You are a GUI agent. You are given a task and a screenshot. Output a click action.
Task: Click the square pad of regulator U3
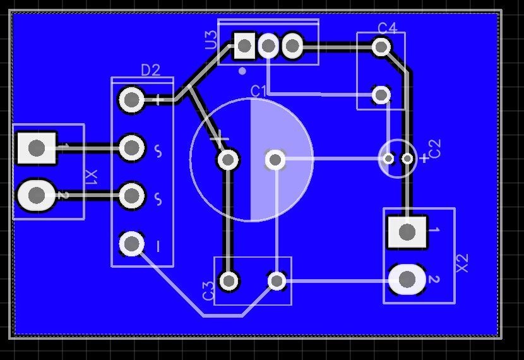click(x=244, y=45)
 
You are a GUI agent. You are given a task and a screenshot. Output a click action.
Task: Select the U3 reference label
click(x=210, y=40)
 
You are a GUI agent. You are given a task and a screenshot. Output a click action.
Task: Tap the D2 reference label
click(x=150, y=70)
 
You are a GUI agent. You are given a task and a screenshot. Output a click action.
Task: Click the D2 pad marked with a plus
click(x=131, y=100)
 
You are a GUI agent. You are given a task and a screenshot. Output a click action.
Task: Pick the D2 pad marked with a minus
click(x=132, y=244)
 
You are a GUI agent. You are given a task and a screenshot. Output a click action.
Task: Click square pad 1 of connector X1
click(x=37, y=148)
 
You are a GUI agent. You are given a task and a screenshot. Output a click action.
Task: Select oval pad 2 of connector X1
click(x=36, y=196)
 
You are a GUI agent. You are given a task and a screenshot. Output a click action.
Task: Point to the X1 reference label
click(x=92, y=178)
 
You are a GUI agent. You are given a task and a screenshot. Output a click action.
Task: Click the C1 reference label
click(x=258, y=91)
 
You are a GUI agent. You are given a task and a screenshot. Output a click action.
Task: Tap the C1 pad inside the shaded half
click(x=275, y=160)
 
